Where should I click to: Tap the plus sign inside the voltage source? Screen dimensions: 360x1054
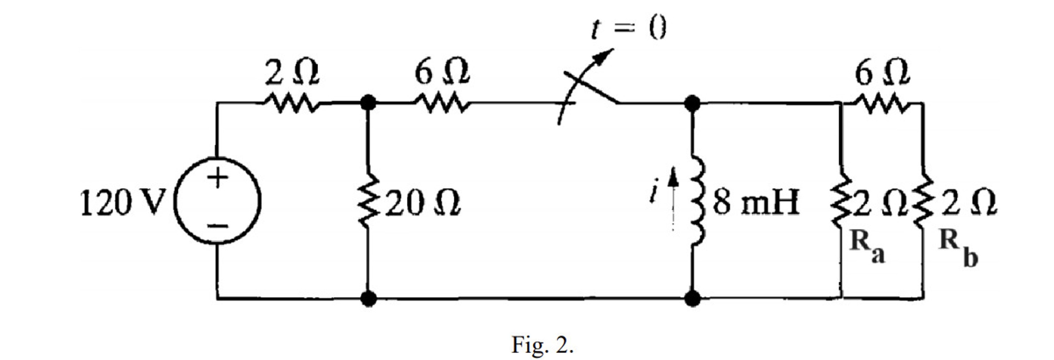coord(218,177)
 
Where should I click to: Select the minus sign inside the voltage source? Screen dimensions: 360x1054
coord(218,226)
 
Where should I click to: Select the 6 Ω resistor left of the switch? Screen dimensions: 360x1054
coord(442,103)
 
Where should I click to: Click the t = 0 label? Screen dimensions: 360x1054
coord(629,29)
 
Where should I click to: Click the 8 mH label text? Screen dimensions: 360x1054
coord(756,203)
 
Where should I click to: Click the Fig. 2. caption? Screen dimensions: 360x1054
coord(542,345)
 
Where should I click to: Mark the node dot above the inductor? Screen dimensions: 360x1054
coord(692,103)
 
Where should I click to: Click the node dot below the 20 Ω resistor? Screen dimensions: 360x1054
coord(368,298)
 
